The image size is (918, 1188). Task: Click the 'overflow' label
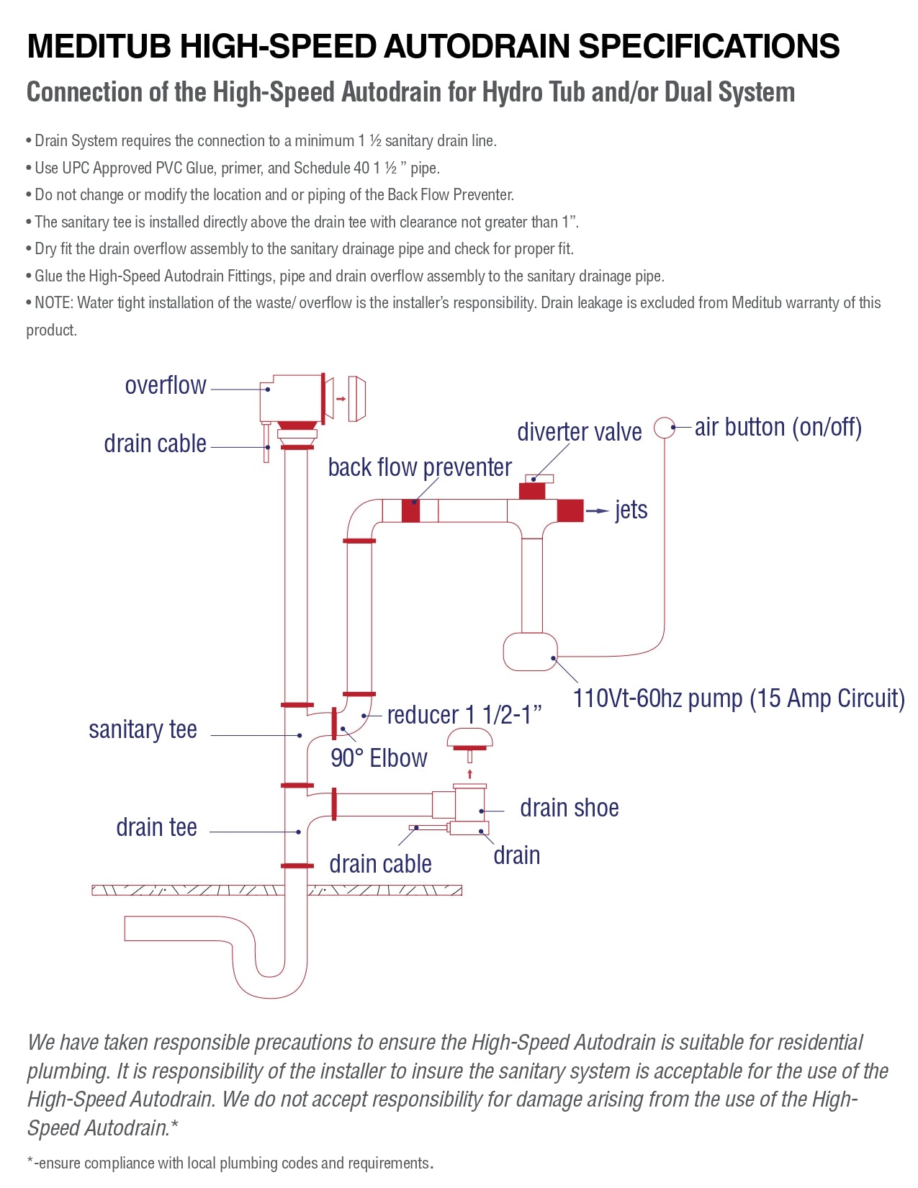tap(166, 385)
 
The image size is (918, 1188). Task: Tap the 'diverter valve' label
tap(579, 432)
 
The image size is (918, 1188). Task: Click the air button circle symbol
tap(664, 427)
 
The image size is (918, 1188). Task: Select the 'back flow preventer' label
tap(419, 467)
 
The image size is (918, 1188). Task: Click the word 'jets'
tap(631, 510)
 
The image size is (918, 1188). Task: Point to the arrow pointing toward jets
tap(598, 510)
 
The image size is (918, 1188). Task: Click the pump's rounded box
tap(530, 652)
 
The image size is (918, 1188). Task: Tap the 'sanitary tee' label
tap(143, 729)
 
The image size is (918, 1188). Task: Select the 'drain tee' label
tap(156, 827)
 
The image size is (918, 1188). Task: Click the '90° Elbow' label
tap(379, 758)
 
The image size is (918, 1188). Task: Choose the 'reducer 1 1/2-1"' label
tap(464, 715)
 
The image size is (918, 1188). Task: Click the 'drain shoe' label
tap(569, 808)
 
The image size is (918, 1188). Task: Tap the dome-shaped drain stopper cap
tap(469, 739)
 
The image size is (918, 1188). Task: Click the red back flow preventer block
tap(410, 510)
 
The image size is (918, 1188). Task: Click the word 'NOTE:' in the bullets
tap(54, 303)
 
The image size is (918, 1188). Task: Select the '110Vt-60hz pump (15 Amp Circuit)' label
tap(738, 698)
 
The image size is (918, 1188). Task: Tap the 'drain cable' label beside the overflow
tap(155, 444)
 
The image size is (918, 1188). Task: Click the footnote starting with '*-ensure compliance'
tap(230, 1163)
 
